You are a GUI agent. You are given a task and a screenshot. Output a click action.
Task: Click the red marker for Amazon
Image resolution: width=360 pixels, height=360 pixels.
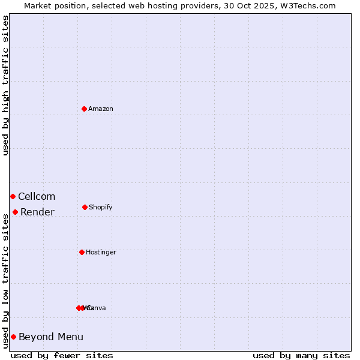[x=84, y=109]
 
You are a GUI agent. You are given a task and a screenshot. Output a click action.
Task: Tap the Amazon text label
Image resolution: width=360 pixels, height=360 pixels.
[x=101, y=109]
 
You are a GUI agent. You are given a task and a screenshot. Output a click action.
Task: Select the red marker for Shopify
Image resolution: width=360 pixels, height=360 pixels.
[x=85, y=207]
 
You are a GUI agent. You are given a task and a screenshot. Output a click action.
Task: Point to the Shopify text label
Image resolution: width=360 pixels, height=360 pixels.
[x=101, y=208]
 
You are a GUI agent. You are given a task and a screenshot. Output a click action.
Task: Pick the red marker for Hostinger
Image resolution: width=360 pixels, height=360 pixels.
[x=82, y=252]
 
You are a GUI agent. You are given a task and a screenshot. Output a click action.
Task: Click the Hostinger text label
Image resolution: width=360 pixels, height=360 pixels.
[x=101, y=253]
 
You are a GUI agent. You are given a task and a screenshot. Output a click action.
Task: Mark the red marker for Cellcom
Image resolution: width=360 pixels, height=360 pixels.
[x=13, y=196]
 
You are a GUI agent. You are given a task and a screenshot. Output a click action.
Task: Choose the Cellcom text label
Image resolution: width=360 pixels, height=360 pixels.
[x=37, y=197]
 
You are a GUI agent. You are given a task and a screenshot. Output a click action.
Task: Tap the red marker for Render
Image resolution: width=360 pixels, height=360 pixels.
[x=15, y=212]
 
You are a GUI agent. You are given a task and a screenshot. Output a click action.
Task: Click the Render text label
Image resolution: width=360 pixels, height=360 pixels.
[x=37, y=212]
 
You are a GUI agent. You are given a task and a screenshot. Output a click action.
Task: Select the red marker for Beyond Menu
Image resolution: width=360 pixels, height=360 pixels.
[x=13, y=337]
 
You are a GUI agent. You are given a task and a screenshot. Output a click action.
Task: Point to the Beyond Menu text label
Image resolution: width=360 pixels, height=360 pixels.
[x=51, y=337]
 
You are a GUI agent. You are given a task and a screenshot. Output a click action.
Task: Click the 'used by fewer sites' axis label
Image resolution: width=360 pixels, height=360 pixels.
[x=62, y=355]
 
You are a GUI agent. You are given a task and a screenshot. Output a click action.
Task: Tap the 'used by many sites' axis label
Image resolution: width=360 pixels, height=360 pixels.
[x=301, y=355]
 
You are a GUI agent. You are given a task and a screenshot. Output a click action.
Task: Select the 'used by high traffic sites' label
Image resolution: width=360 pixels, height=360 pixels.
[x=6, y=85]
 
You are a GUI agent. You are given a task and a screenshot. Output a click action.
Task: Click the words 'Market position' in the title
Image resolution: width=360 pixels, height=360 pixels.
[x=53, y=5]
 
